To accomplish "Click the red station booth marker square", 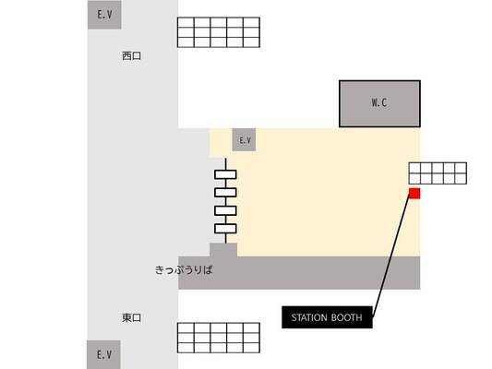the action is (x=414, y=194).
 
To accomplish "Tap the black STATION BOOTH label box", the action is (x=327, y=317).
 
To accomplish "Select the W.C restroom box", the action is (x=379, y=103).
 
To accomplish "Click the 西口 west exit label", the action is (x=131, y=56).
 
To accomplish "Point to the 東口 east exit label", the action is (x=131, y=318).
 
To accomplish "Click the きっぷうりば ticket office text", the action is (x=184, y=270).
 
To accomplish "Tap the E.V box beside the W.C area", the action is (x=244, y=140).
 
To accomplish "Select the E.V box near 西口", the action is (x=104, y=15).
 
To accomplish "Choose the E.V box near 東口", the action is (x=103, y=354).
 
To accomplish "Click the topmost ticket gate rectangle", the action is (x=225, y=174).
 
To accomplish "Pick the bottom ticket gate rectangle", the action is (x=225, y=229).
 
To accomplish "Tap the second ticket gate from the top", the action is (x=225, y=193).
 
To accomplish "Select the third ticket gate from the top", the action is (x=225, y=210).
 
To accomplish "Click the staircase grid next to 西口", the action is (x=219, y=32).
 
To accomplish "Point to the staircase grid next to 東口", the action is (x=219, y=338).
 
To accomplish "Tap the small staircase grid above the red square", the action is (x=438, y=173).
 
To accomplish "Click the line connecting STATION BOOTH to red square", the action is (x=391, y=256).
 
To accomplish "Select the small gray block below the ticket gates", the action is (x=223, y=250).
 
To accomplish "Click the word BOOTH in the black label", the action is (x=347, y=317).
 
